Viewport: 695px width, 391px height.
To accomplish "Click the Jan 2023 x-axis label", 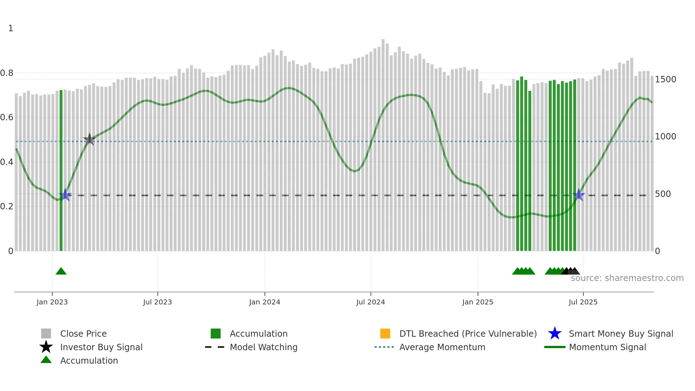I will pyautogui.click(x=52, y=302).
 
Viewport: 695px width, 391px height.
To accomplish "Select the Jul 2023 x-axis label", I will pyautogui.click(x=157, y=302).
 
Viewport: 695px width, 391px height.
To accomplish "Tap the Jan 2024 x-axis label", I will pyautogui.click(x=265, y=302).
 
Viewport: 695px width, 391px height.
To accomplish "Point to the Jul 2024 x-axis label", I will pyautogui.click(x=371, y=302).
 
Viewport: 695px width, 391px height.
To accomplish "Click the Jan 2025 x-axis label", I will pyautogui.click(x=478, y=302).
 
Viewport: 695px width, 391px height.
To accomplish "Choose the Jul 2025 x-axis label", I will pyautogui.click(x=583, y=302).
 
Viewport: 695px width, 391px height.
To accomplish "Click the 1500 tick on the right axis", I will pyautogui.click(x=665, y=79).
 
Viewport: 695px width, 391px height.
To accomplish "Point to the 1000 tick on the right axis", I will pyautogui.click(x=665, y=137).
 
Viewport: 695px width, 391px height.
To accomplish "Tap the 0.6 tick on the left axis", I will pyautogui.click(x=7, y=117).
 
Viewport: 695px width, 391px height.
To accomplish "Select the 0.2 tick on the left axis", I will pyautogui.click(x=7, y=206).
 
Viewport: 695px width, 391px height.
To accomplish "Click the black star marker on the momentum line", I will pyautogui.click(x=89, y=139).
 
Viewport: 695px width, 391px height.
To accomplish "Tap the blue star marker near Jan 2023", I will pyautogui.click(x=65, y=195).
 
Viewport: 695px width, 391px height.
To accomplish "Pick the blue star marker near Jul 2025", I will pyautogui.click(x=579, y=195).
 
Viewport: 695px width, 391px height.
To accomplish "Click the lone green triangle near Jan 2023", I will pyautogui.click(x=61, y=271).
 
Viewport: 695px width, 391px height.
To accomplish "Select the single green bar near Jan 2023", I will pyautogui.click(x=61, y=170).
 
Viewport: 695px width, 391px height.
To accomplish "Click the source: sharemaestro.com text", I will pyautogui.click(x=627, y=278).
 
